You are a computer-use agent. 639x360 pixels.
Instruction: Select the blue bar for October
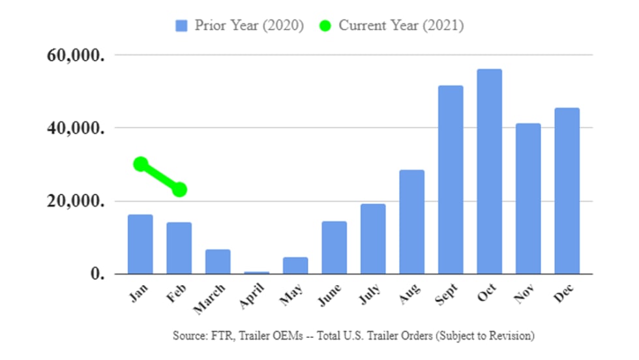[x=489, y=172]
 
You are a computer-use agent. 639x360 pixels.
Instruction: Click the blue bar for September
[x=451, y=179]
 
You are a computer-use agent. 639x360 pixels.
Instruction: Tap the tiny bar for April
[x=256, y=273]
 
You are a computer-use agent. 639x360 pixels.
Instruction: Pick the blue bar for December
[x=567, y=190]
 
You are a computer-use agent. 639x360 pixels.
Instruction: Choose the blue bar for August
[x=411, y=222]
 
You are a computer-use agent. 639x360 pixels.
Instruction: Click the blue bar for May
[x=295, y=265]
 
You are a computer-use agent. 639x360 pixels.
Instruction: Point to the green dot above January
[x=141, y=164]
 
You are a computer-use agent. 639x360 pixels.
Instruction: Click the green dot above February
[x=179, y=190]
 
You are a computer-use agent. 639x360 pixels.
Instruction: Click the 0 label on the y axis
[x=98, y=275]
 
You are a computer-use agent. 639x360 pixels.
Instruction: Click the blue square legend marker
[x=181, y=26]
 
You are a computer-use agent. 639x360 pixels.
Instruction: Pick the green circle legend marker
[x=325, y=26]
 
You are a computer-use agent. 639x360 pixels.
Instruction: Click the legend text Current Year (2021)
[x=401, y=26]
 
